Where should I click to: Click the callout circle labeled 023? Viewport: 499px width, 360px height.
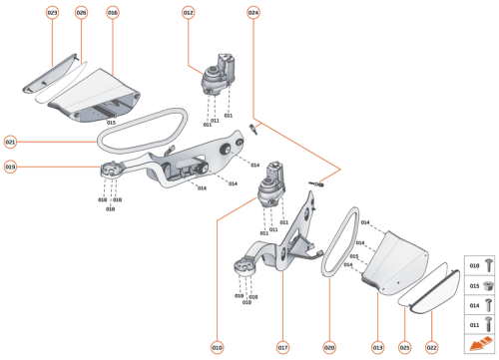click(x=53, y=12)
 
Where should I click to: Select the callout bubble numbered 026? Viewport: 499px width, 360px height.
click(x=82, y=12)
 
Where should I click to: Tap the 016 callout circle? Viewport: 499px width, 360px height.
click(x=112, y=12)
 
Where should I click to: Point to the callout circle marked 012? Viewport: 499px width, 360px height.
click(x=188, y=12)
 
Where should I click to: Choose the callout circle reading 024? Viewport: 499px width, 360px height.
click(x=253, y=12)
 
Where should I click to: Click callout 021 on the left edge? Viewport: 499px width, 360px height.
click(x=11, y=142)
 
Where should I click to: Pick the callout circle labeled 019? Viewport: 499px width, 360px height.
click(x=11, y=167)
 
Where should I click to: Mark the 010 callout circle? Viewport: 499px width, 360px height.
click(x=217, y=347)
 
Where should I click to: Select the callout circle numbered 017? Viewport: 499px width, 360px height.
click(x=282, y=347)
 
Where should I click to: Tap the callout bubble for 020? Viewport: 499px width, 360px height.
click(x=329, y=347)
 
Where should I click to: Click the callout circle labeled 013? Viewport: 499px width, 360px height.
click(x=378, y=347)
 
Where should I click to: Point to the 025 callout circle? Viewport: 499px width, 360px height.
click(x=405, y=347)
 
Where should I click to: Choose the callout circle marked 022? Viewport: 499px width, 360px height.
click(x=431, y=347)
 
